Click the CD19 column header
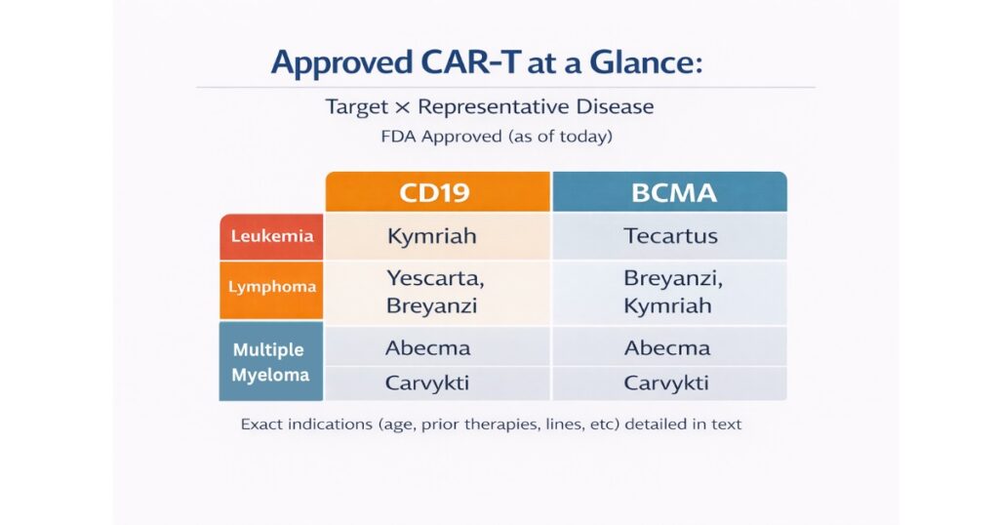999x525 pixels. (438, 192)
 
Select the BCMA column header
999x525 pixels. (669, 192)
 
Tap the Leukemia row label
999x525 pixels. (271, 236)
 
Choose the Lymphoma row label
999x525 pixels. (271, 287)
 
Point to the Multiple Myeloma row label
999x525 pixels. (271, 361)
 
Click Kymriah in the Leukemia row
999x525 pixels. (432, 236)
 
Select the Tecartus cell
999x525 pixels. (670, 236)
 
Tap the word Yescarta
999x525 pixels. (435, 278)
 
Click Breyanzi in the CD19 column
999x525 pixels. (431, 305)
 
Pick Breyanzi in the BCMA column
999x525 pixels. (673, 278)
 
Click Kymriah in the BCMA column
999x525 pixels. (667, 305)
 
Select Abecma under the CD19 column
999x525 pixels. (427, 347)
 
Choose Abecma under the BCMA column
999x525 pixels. (667, 347)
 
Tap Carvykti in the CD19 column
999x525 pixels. (427, 383)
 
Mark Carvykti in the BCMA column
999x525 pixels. (665, 383)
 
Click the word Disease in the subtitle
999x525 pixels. (615, 106)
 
